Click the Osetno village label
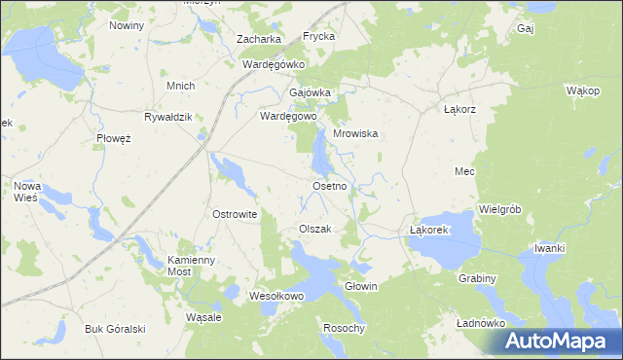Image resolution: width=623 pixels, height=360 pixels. pos(329,185)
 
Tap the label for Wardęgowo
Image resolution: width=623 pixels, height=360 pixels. pos(289,116)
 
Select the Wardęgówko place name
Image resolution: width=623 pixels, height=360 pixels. pos(274,64)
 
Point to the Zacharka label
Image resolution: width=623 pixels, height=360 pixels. pos(259,39)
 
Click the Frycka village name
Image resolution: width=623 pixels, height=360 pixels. pos(318,36)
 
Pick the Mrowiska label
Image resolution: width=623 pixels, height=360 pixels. pos(355,134)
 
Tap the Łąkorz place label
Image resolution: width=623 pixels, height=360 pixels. pos(458,109)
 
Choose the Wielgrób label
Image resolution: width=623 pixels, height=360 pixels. pos(501,209)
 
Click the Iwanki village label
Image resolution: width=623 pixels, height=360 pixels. pos(549,248)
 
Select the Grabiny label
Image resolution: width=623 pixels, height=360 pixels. pos(477,278)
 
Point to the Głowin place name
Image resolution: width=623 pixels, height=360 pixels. pos(361,287)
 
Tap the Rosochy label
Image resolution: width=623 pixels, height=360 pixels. pos(344,328)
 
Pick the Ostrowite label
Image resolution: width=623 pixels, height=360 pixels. pos(234,214)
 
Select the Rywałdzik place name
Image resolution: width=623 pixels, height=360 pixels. pos(169,116)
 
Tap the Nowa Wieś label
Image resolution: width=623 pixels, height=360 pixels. pos(25,190)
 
